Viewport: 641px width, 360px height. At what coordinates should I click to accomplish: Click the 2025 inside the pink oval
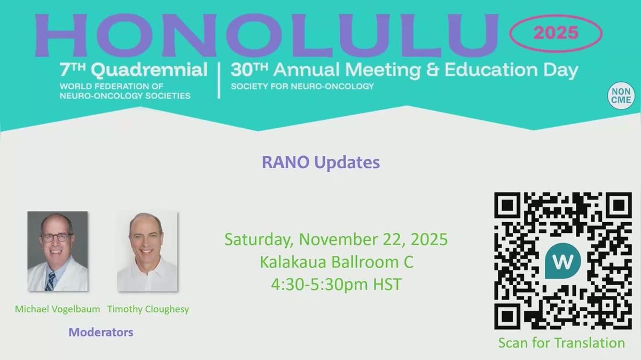point(556,33)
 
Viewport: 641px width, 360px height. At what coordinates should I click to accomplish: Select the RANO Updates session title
point(320,162)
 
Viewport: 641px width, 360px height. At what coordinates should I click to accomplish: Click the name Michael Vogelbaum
point(57,309)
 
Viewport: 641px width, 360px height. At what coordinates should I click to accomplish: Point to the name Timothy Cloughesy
point(148,309)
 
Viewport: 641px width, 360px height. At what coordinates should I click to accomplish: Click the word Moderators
point(101,332)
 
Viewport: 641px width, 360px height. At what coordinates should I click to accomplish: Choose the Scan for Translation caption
point(561,343)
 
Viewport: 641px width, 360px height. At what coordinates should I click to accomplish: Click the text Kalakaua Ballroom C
point(336,262)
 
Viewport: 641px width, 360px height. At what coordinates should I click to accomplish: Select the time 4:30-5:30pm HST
point(336,284)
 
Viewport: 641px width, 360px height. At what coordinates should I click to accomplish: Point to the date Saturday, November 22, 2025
point(336,239)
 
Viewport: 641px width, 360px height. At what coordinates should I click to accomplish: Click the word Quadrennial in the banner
point(149,70)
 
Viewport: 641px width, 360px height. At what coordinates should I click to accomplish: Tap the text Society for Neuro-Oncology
point(302,86)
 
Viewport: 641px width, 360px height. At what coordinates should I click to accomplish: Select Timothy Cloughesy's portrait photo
point(147,251)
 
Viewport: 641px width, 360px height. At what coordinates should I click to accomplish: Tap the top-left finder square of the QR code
point(507,205)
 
